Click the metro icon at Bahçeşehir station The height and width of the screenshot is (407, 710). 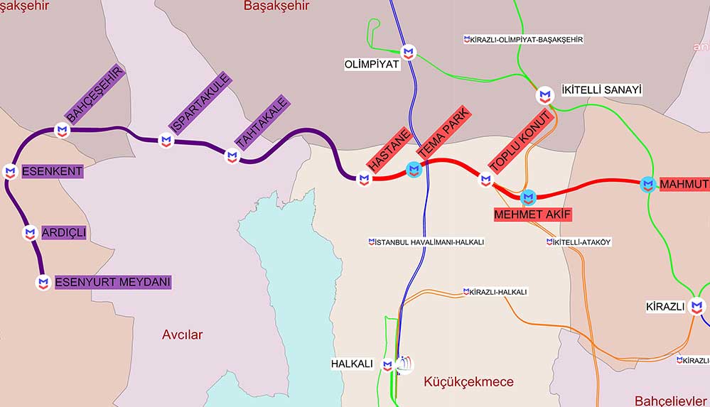click(63, 130)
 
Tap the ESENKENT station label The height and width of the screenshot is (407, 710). click(52, 171)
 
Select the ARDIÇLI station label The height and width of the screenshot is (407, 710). click(63, 233)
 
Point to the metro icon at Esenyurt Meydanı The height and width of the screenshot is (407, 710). click(43, 282)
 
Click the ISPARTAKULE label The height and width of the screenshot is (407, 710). click(201, 103)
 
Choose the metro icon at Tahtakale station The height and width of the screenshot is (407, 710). click(232, 156)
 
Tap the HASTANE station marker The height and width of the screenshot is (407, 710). click(364, 179)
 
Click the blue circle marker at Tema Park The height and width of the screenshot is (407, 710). click(414, 169)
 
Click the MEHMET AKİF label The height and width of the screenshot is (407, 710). click(533, 213)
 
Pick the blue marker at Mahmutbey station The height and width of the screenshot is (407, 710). click(647, 185)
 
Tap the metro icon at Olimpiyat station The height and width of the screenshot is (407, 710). click(408, 52)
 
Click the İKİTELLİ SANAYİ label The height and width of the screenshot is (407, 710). click(601, 90)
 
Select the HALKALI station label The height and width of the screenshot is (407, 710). click(352, 364)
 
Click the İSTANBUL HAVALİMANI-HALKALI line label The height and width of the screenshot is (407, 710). click(426, 242)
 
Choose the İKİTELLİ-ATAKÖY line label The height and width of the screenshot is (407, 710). click(579, 242)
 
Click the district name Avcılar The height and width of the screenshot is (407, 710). click(182, 335)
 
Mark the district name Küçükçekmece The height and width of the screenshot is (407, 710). click(468, 382)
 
